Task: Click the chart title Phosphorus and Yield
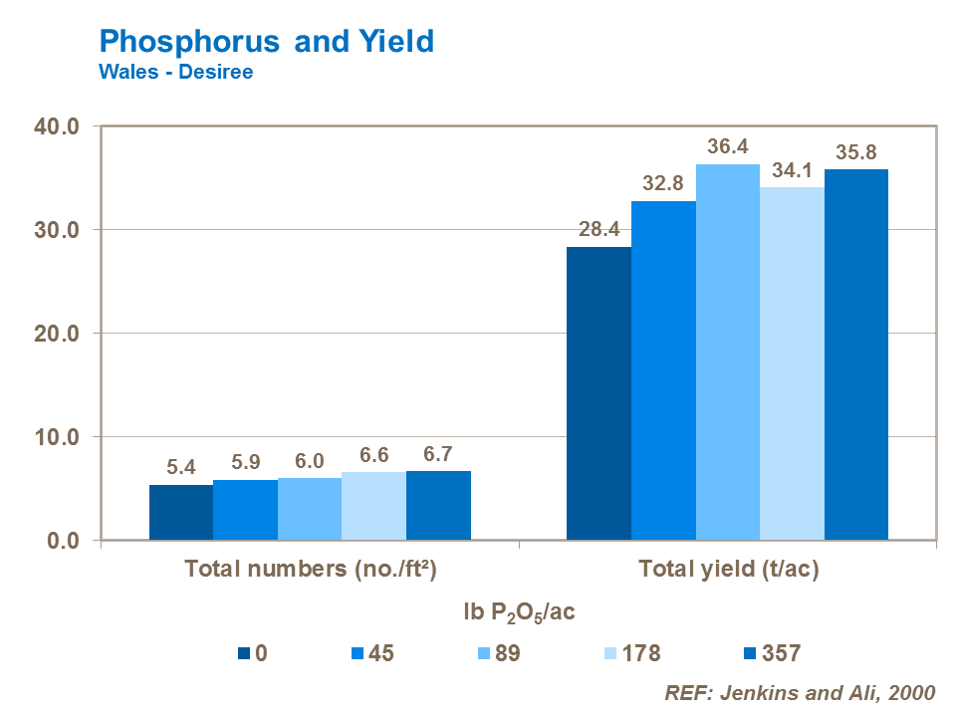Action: [x=267, y=41]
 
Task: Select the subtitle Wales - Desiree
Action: [x=175, y=72]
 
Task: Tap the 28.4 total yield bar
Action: [x=598, y=393]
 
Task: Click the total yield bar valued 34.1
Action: [x=792, y=363]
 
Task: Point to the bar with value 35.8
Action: [x=856, y=355]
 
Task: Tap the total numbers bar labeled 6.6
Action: [x=373, y=507]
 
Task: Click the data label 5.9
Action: [x=245, y=464]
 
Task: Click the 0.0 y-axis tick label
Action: [x=64, y=541]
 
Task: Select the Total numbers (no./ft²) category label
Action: [x=312, y=571]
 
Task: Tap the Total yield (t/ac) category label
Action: [x=728, y=571]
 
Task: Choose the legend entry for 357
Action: [x=770, y=654]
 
